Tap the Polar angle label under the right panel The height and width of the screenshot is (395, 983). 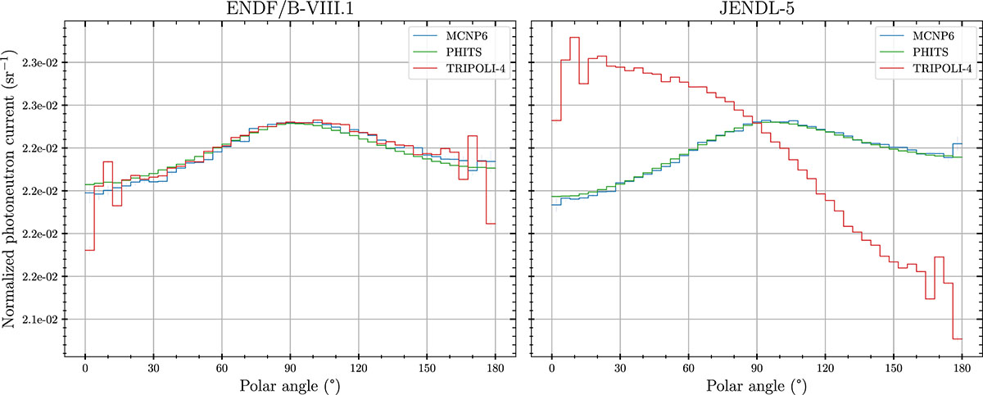tap(757, 383)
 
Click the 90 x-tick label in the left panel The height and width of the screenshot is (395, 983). tap(290, 366)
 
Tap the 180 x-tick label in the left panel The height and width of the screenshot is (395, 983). tap(495, 366)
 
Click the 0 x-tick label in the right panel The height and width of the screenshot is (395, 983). tap(552, 366)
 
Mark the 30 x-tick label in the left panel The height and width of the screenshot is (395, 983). tap(153, 366)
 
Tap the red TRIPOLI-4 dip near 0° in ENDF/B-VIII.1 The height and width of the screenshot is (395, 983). tap(89, 250)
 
